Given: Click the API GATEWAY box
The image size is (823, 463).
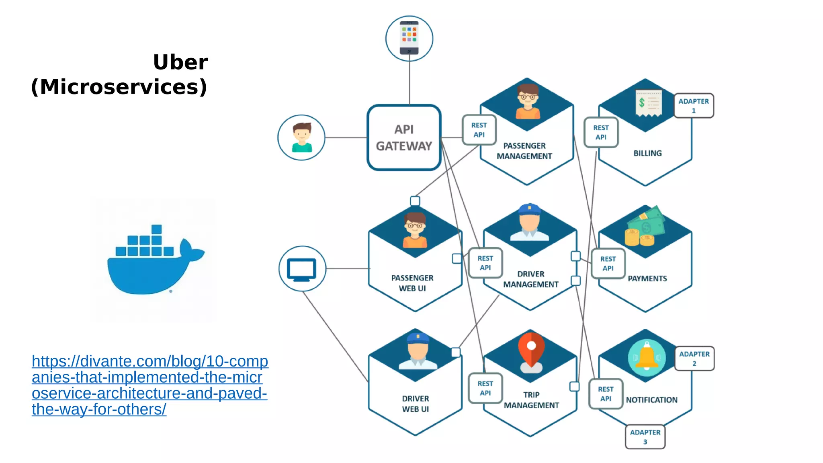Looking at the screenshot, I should (404, 137).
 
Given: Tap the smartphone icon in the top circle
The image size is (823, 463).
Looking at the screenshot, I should (409, 38).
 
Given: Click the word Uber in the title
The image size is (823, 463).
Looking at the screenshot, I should (180, 62).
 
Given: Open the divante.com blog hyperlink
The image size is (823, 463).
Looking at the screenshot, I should (149, 385).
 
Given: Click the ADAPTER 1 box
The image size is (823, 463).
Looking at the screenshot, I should (694, 106).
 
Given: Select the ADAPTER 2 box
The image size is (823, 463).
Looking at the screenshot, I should (694, 359).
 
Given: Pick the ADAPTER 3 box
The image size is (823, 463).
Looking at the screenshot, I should (645, 437).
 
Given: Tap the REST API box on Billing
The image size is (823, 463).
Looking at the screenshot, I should (601, 132).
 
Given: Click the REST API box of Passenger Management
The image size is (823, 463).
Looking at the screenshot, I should (479, 130).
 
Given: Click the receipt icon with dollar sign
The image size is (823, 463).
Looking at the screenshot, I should (648, 103).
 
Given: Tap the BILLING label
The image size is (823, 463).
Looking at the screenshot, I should (647, 153).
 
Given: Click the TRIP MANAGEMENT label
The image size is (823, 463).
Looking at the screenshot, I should (531, 400).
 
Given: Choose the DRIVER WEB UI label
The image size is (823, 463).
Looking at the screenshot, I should (416, 404).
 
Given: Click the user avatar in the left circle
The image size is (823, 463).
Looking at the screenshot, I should (301, 137).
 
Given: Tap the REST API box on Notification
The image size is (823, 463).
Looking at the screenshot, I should (606, 394).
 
